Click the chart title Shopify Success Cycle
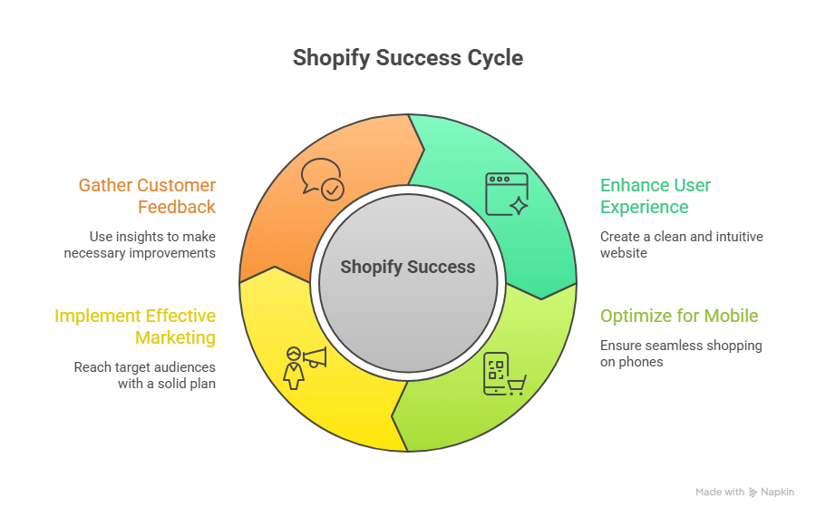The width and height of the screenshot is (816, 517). pos(408,58)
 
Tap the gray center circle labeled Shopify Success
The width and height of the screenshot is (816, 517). pos(408,267)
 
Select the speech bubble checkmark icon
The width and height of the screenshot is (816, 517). pos(322,179)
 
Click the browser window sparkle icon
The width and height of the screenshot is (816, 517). pos(507,194)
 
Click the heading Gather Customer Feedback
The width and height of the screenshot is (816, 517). pos(147,196)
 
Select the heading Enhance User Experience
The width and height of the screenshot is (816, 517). pos(656,196)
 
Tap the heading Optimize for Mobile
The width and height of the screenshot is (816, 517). pos(679,317)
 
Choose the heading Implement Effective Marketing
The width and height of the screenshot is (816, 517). pos(135,327)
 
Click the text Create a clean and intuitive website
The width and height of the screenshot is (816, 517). pos(681,245)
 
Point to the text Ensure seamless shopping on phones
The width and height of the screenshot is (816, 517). pos(681,354)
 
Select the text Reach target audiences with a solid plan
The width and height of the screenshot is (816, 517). pos(144,376)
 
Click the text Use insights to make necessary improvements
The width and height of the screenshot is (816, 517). pos(140,245)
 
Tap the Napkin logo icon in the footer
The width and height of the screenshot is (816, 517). pos(753,493)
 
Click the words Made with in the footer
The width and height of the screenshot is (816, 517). pos(720,493)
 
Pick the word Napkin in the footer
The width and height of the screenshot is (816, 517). pos(778,493)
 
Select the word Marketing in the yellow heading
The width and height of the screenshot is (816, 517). pos(176,337)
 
